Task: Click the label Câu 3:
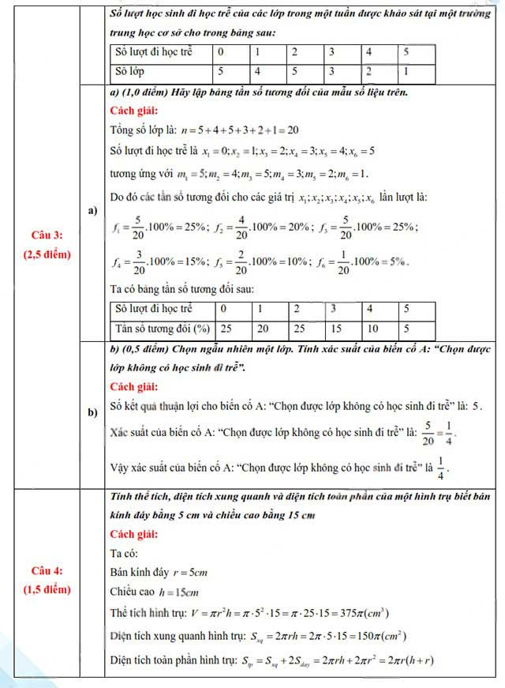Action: point(47,235)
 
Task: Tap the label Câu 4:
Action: point(47,571)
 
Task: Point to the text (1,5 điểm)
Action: point(47,589)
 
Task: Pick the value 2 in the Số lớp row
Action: point(368,72)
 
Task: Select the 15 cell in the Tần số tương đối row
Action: point(336,328)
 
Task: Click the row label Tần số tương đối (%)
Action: point(160,328)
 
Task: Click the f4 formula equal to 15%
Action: point(161,261)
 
